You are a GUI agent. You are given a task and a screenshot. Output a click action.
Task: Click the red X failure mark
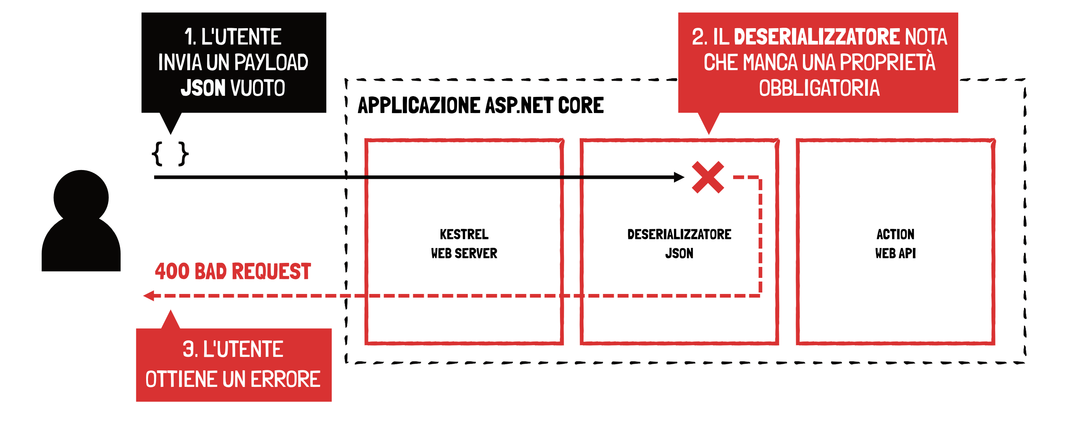pyautogui.click(x=708, y=177)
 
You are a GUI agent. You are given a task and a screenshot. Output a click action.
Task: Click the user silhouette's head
pyautogui.click(x=81, y=197)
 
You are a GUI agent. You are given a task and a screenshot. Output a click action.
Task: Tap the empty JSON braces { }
pyautogui.click(x=170, y=154)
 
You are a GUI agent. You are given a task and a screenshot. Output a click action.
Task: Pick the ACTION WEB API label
pyautogui.click(x=895, y=244)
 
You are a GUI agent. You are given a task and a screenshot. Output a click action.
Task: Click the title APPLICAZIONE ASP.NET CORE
pyautogui.click(x=480, y=105)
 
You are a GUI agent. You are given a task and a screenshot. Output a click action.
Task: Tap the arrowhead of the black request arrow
pyautogui.click(x=679, y=177)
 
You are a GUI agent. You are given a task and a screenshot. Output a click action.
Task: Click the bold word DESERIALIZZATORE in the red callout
pyautogui.click(x=817, y=37)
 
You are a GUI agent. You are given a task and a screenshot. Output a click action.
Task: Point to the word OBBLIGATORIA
pyautogui.click(x=819, y=88)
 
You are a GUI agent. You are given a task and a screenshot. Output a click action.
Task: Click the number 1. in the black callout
pyautogui.click(x=190, y=37)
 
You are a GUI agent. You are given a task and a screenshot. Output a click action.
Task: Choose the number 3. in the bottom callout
pyautogui.click(x=189, y=350)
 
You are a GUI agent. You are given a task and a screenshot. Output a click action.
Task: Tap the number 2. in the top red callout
pyautogui.click(x=699, y=37)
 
